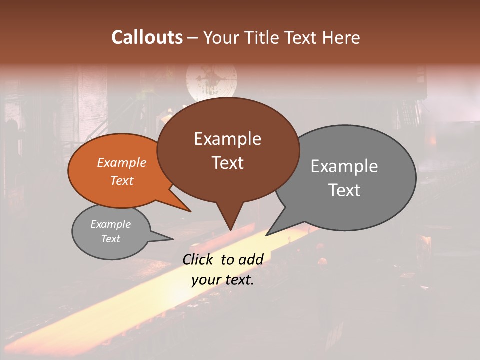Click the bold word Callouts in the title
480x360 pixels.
pyautogui.click(x=147, y=37)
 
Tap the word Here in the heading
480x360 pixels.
pyautogui.click(x=342, y=37)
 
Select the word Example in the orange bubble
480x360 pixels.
pyautogui.click(x=122, y=163)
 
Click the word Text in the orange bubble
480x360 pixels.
pyautogui.click(x=122, y=180)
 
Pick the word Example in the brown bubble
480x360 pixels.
pyautogui.click(x=227, y=139)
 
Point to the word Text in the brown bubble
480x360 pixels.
pyautogui.click(x=227, y=163)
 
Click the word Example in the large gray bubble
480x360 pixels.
pyautogui.click(x=344, y=166)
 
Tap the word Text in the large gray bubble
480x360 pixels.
pyautogui.click(x=344, y=190)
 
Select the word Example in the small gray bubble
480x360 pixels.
pyautogui.click(x=110, y=224)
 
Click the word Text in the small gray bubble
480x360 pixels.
pyautogui.click(x=110, y=239)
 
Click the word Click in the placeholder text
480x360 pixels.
pyautogui.click(x=199, y=259)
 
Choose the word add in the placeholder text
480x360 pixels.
pyautogui.click(x=251, y=259)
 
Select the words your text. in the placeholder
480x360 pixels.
pyautogui.click(x=223, y=280)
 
